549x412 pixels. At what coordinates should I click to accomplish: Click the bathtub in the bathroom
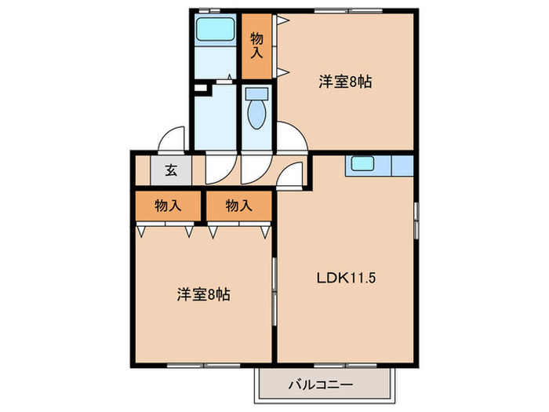(215, 30)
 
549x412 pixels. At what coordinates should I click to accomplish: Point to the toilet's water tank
(256, 93)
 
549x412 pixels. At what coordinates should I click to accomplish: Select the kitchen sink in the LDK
(362, 165)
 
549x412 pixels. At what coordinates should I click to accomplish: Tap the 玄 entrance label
(169, 170)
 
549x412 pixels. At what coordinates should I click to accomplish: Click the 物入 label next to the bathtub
(256, 46)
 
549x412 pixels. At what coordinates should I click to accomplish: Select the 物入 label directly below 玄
(168, 206)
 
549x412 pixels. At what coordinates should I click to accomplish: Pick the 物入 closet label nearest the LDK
(238, 206)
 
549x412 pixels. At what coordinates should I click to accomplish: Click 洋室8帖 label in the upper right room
(344, 81)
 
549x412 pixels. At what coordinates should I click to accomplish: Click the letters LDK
(329, 277)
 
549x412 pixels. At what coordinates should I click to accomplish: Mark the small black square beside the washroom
(199, 87)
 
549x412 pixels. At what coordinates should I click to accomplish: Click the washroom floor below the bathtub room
(216, 114)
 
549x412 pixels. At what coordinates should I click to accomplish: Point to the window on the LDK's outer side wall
(416, 221)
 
